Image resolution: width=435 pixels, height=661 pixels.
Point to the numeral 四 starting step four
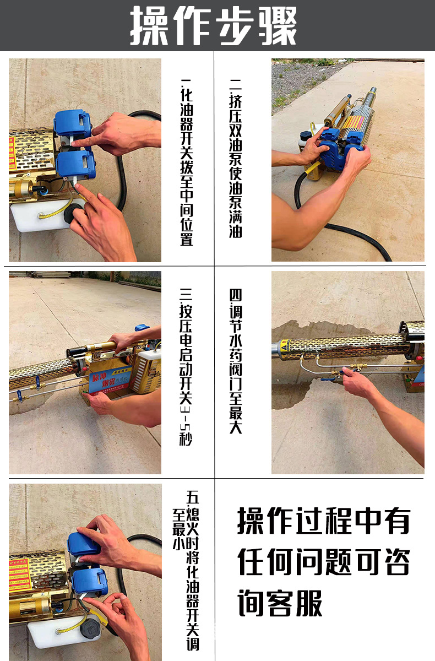coord(235,295)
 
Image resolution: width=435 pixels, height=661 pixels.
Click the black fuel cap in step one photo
coord(72,214)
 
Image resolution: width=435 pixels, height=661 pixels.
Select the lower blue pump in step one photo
coord(75,165)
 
